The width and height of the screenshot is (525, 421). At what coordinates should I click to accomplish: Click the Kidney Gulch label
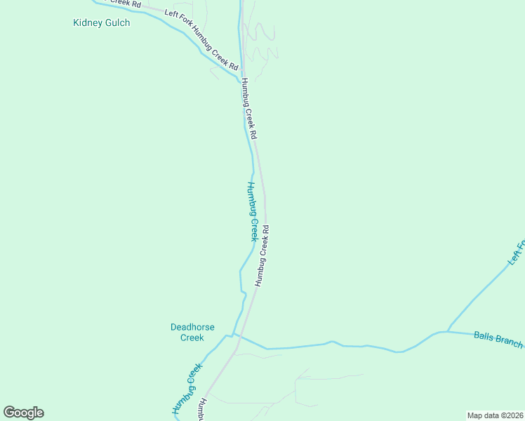[101, 23]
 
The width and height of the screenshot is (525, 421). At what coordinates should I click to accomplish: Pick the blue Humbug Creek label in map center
[252, 211]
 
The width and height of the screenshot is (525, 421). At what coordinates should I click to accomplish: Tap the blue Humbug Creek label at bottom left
[187, 389]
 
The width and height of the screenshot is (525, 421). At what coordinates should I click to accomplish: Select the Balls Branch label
[498, 340]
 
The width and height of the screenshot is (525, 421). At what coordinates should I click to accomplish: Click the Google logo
[24, 413]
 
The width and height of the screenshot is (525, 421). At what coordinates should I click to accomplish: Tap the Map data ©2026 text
[495, 415]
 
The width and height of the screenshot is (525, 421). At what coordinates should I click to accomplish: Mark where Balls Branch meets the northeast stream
[447, 331]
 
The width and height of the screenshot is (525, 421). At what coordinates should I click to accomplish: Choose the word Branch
[508, 342]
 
